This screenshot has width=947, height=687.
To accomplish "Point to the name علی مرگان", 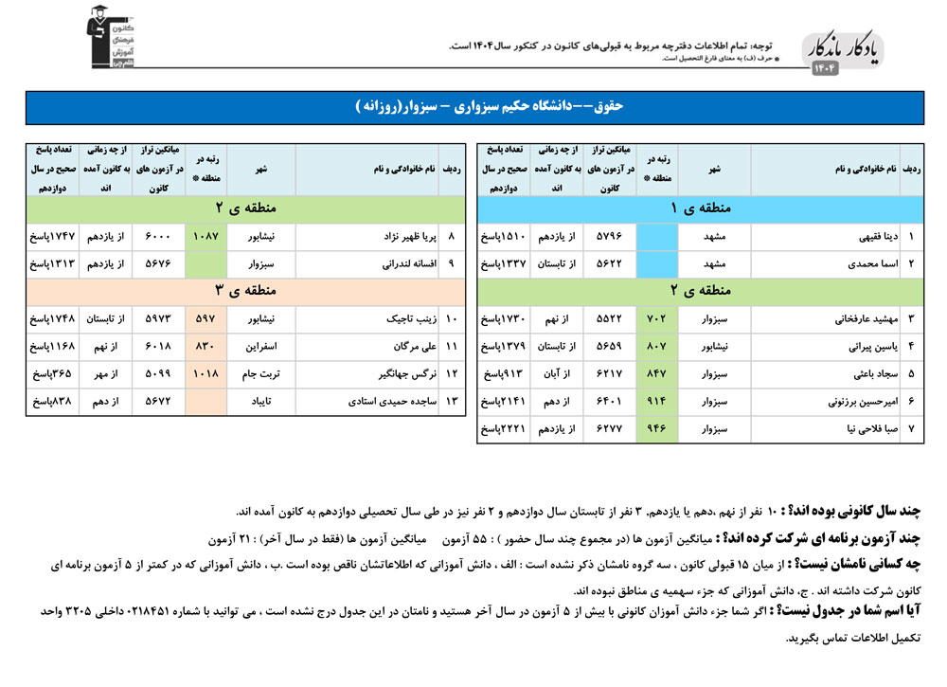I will [x=410, y=347].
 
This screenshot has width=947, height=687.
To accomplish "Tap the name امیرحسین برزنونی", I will [x=849, y=402].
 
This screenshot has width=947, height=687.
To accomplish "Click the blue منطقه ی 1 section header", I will [x=701, y=208].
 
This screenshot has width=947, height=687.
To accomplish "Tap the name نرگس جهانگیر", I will [x=405, y=374].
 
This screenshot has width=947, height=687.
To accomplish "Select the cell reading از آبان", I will [x=558, y=374].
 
